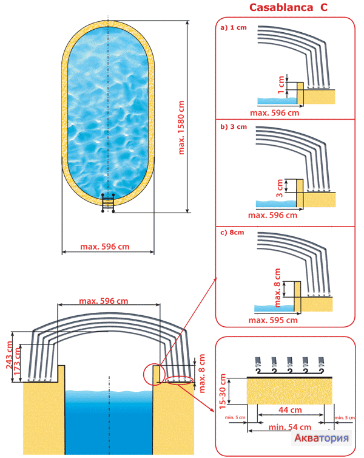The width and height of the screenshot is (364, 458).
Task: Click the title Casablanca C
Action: [285, 7]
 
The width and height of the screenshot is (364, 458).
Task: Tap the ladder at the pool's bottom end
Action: [109, 203]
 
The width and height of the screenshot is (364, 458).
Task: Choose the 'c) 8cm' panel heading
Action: [233, 232]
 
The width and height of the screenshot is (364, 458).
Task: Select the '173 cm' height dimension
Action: [19, 363]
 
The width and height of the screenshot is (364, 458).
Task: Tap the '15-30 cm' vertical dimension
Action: [223, 390]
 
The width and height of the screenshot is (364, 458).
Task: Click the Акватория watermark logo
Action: [322, 438]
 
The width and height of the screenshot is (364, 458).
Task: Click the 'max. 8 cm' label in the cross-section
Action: [203, 371]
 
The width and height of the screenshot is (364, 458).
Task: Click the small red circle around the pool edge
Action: [153, 372]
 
